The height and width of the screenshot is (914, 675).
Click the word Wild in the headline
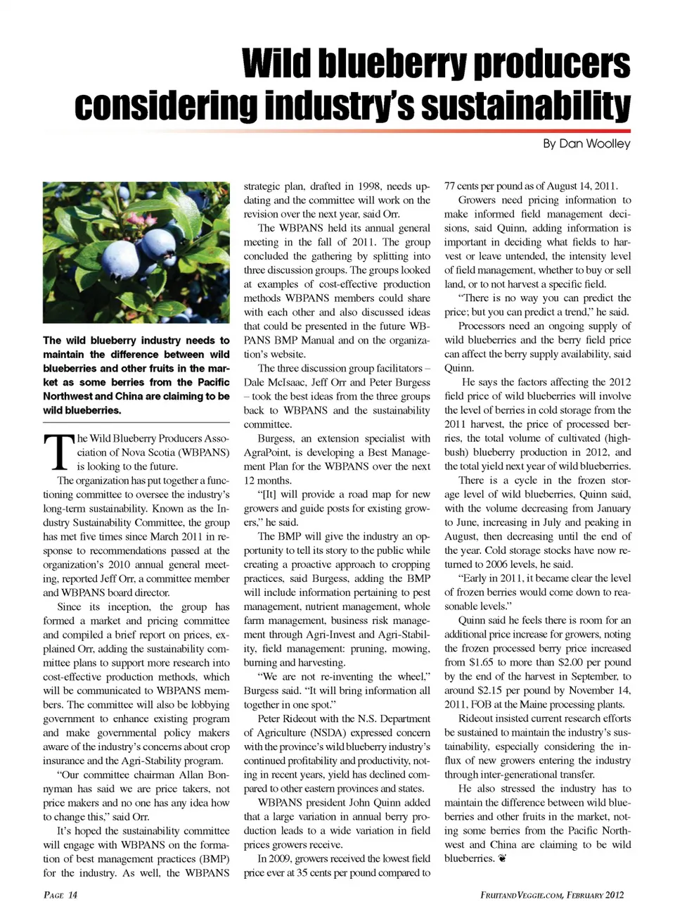coord(275,65)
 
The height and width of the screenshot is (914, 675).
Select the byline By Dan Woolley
coord(586,144)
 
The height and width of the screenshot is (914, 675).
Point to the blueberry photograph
coord(136,252)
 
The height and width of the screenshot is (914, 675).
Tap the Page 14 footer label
coord(60,895)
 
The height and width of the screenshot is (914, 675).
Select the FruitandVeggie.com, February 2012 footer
coord(552,895)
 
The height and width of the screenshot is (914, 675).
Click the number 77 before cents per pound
coord(450,186)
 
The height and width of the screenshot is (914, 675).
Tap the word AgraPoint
coord(266,452)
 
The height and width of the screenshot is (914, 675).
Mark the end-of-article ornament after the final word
coord(503,859)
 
